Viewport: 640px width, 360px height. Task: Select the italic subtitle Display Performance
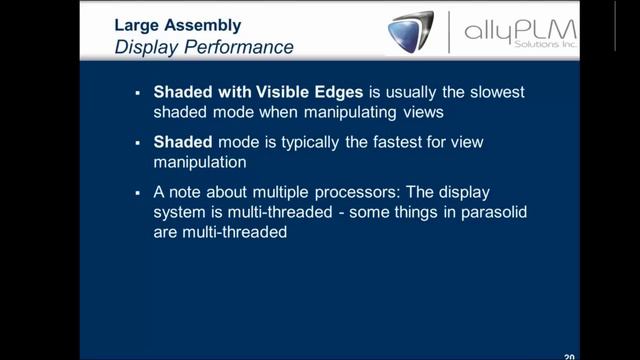click(x=204, y=47)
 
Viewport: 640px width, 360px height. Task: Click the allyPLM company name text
click(x=520, y=30)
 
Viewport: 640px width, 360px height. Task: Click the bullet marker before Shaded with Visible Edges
click(x=137, y=92)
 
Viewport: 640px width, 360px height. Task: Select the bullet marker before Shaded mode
click(x=137, y=142)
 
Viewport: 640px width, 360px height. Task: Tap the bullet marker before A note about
click(x=137, y=192)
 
